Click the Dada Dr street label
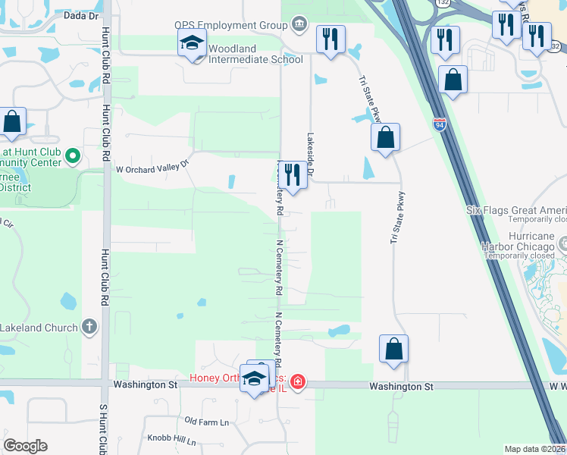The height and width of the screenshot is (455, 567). pos(82,15)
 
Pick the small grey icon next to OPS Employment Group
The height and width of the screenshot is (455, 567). pos(299,26)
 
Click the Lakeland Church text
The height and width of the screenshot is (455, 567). pos(39,328)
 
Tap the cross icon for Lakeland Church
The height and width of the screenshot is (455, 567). pos(89,327)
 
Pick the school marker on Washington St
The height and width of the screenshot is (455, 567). pos(255,379)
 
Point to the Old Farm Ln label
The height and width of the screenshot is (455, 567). pos(206,422)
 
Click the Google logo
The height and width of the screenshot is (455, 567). pos(26,445)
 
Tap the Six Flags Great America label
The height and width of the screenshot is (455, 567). pos(516,211)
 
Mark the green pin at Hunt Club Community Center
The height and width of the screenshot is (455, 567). pos(73,157)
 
